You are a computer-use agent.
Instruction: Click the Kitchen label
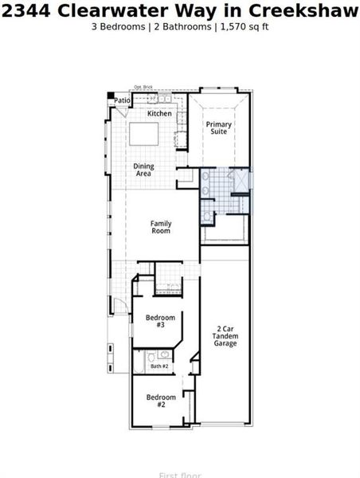tap(159, 114)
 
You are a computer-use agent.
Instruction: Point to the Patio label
tap(122, 101)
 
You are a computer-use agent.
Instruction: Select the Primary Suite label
tap(219, 127)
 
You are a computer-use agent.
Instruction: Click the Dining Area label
tap(144, 170)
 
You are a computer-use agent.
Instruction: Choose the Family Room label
tap(161, 227)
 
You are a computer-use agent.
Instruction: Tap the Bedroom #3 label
tap(160, 321)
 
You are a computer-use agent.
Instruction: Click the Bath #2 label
tap(159, 366)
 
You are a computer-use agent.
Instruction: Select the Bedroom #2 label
tap(160, 401)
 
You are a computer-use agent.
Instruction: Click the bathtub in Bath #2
tap(139, 362)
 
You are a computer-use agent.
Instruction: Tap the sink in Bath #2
tap(164, 355)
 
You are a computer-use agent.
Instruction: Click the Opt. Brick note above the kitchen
tap(143, 88)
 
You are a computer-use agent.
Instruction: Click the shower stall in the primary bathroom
tap(237, 181)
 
